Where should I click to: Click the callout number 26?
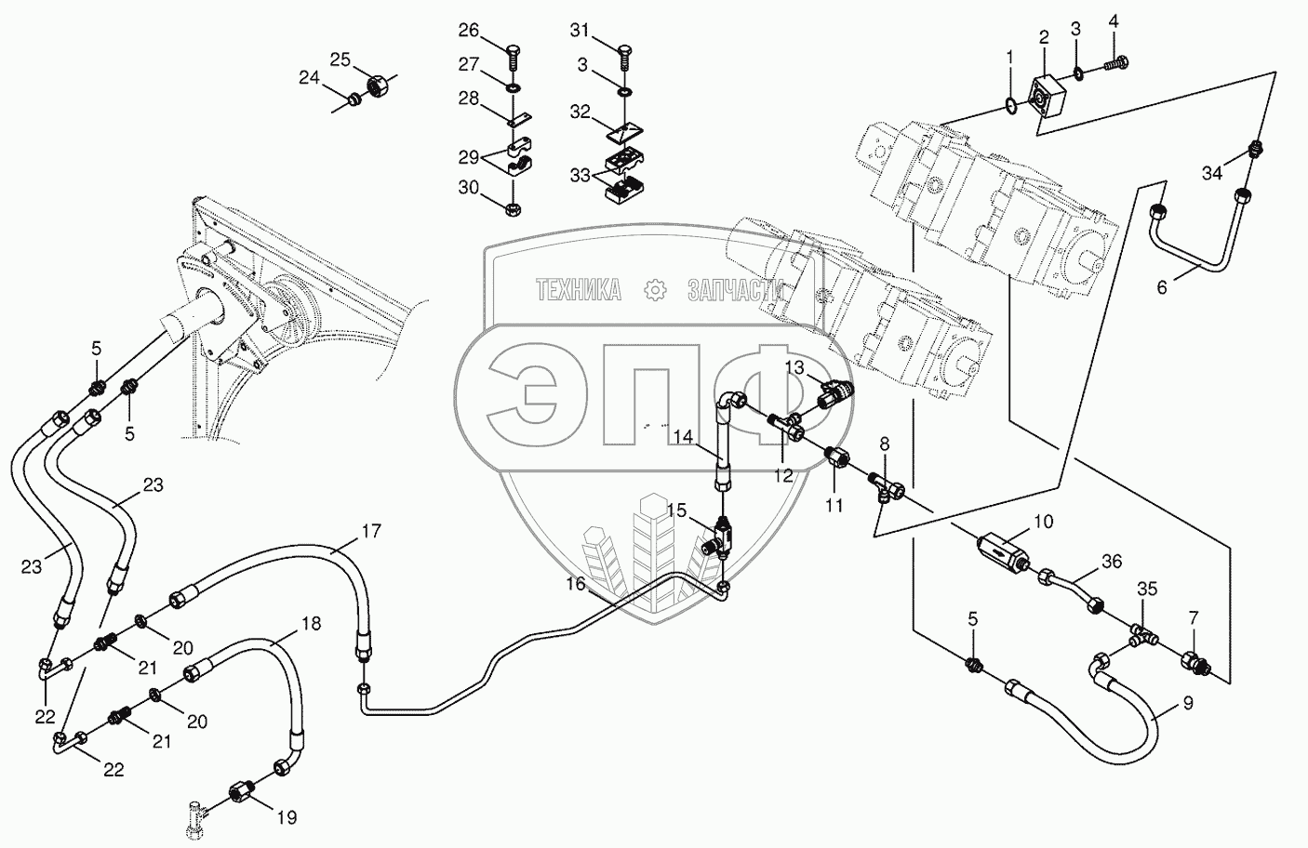[468, 32]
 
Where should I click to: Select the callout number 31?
[580, 32]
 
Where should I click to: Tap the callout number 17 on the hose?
[371, 533]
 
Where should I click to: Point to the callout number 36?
[1112, 562]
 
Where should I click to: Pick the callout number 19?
[287, 818]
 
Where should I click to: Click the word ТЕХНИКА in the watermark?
[579, 291]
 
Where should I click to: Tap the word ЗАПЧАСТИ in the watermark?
[735, 291]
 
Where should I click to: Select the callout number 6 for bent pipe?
[1161, 287]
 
